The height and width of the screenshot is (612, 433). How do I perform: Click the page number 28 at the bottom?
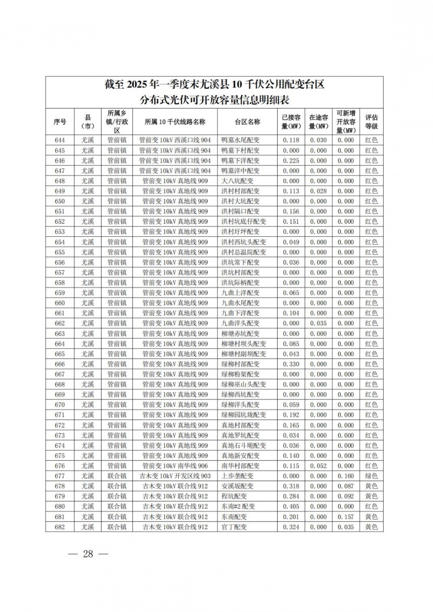click(x=88, y=554)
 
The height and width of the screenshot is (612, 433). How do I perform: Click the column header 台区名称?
click(x=247, y=122)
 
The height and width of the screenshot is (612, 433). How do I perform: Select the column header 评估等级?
click(x=371, y=122)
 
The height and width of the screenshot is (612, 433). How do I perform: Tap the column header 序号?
click(x=60, y=122)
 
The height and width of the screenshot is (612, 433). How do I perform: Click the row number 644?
click(x=60, y=140)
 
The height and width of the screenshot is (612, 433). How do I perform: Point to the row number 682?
click(x=60, y=527)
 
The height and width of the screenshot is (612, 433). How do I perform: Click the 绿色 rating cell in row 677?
click(x=371, y=476)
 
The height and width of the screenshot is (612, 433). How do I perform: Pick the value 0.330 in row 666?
click(x=291, y=364)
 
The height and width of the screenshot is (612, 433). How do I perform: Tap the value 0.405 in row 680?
click(x=291, y=506)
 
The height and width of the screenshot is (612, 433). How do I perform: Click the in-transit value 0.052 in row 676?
click(x=318, y=466)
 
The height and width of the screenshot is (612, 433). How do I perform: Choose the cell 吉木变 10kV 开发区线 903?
click(x=175, y=476)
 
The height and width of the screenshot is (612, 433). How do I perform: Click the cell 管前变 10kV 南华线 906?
click(x=175, y=466)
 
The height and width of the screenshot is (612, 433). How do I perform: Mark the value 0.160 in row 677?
click(x=346, y=476)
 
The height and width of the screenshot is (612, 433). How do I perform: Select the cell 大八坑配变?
click(x=237, y=181)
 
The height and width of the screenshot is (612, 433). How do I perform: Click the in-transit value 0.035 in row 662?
click(x=318, y=323)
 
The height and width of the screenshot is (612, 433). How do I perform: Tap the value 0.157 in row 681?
click(x=346, y=517)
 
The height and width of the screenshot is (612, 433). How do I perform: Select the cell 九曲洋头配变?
click(x=240, y=323)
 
